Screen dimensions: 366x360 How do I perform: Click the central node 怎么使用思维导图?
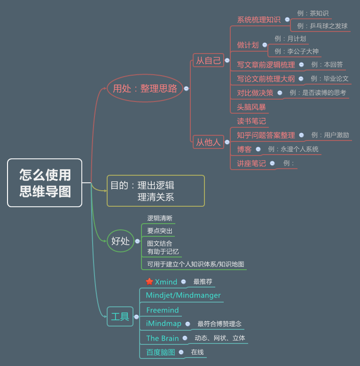[44, 182]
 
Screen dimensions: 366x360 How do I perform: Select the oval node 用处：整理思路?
[145, 88]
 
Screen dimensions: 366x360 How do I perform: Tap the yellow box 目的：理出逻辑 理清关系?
[155, 190]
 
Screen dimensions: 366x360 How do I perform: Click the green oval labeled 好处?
[120, 241]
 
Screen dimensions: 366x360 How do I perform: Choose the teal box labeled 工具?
[120, 316]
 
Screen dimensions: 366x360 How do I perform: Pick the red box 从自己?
[208, 61]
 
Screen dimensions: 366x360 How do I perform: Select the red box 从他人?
[208, 142]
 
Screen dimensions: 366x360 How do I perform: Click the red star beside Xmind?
[149, 282]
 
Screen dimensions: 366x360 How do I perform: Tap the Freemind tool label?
[162, 310]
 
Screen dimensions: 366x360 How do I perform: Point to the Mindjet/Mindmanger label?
[183, 295]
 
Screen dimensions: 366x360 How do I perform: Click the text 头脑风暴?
[251, 107]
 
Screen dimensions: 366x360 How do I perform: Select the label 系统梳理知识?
[258, 19]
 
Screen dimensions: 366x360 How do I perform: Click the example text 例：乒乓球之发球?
[322, 25]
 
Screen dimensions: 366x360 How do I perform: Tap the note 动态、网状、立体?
[219, 338]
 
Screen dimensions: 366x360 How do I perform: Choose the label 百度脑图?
[160, 352]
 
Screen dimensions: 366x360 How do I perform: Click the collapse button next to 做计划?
[264, 45]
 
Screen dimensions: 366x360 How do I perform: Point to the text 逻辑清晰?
[159, 218]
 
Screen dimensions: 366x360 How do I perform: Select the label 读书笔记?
[251, 121]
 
